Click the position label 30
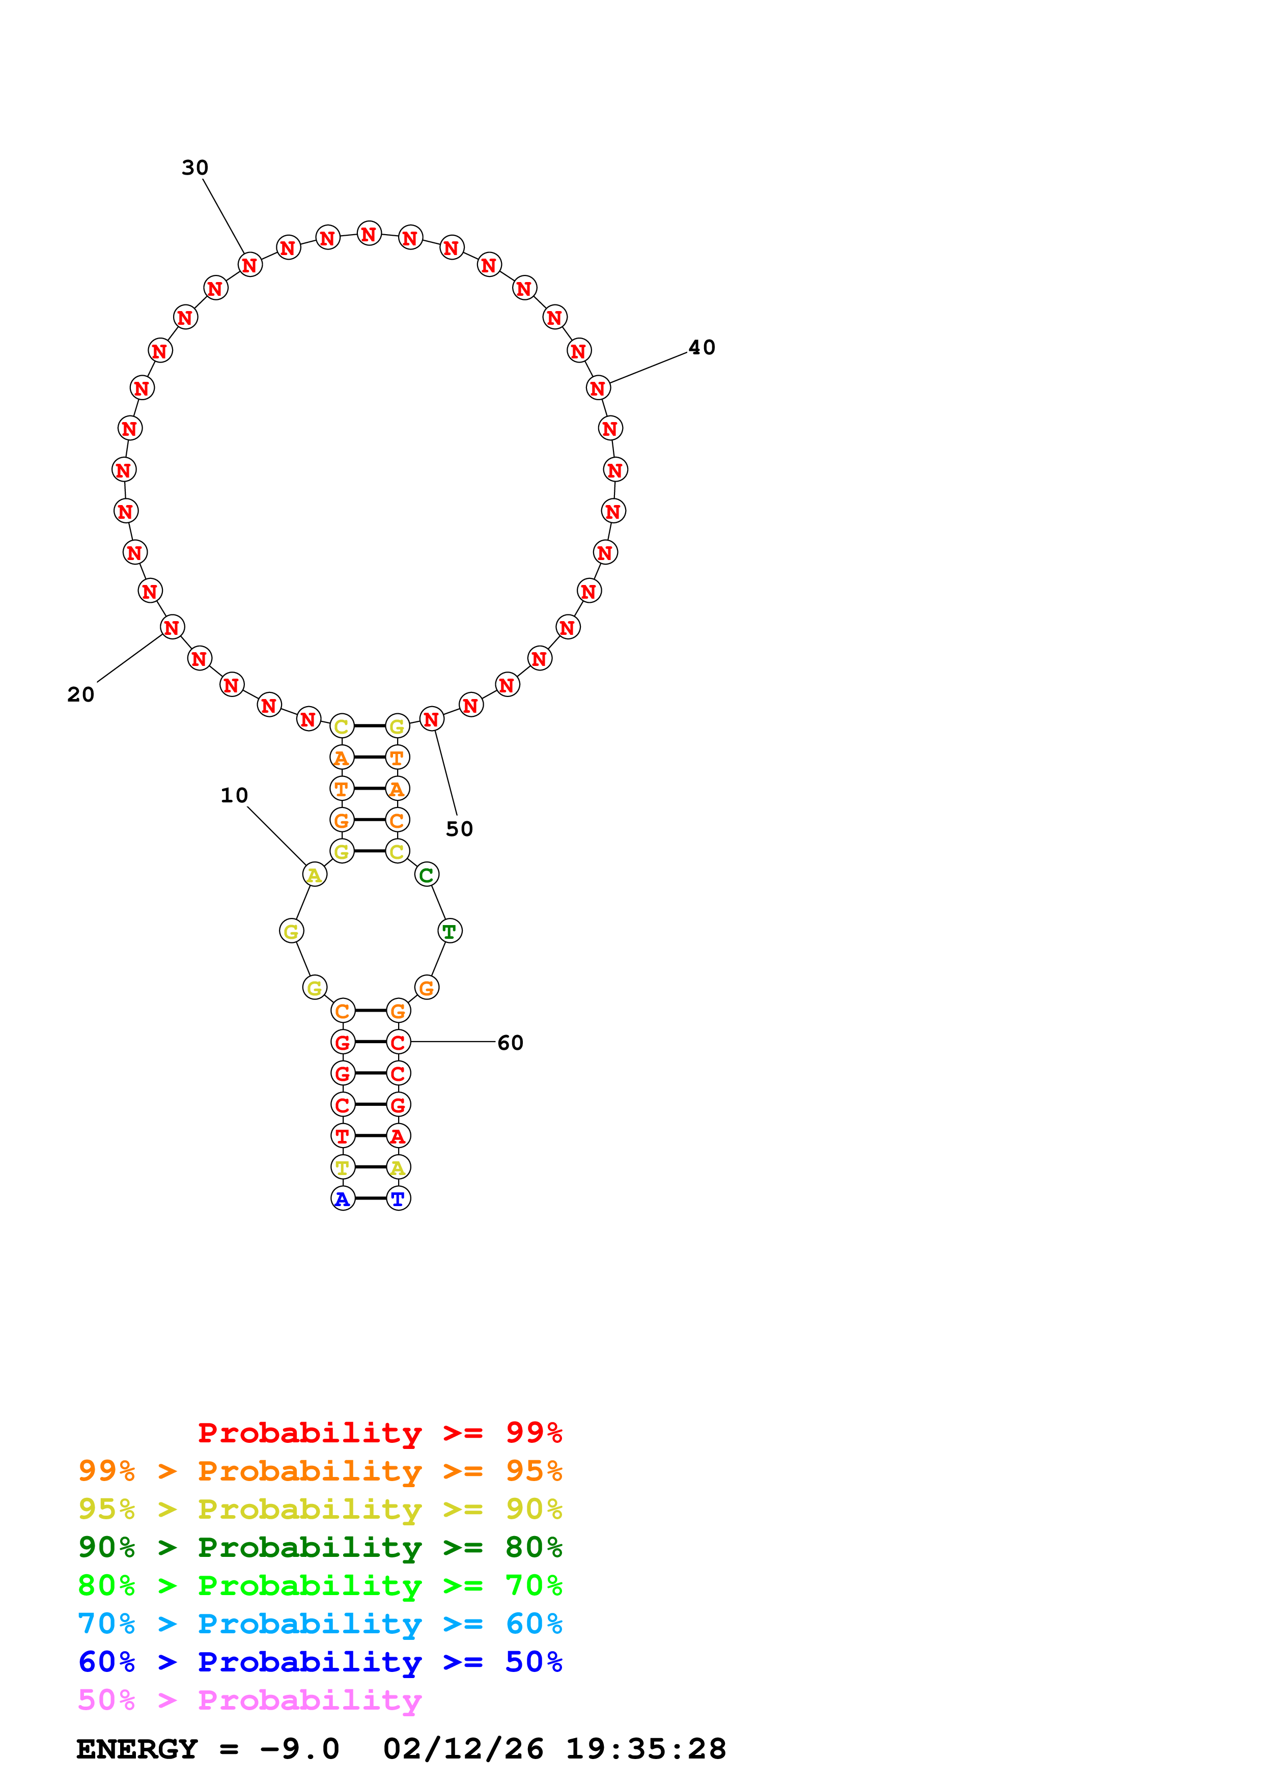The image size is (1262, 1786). tap(195, 168)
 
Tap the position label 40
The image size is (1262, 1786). tap(702, 348)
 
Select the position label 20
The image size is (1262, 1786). tap(81, 694)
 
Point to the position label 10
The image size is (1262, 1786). tap(234, 796)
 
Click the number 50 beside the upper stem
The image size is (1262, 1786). tap(460, 829)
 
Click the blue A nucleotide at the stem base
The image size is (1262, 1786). tap(342, 1199)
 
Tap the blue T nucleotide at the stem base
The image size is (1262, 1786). tap(398, 1199)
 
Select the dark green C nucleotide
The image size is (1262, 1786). tap(426, 875)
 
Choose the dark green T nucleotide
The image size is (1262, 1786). tap(450, 931)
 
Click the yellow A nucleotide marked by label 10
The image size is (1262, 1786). tap(314, 875)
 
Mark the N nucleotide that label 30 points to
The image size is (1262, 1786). tap(249, 265)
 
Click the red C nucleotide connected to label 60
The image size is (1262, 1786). tap(398, 1042)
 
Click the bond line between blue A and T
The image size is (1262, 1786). tap(370, 1198)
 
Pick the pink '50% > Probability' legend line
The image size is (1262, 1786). tap(249, 1700)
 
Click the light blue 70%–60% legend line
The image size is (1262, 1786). tap(320, 1624)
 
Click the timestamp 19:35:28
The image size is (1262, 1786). tap(646, 1749)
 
